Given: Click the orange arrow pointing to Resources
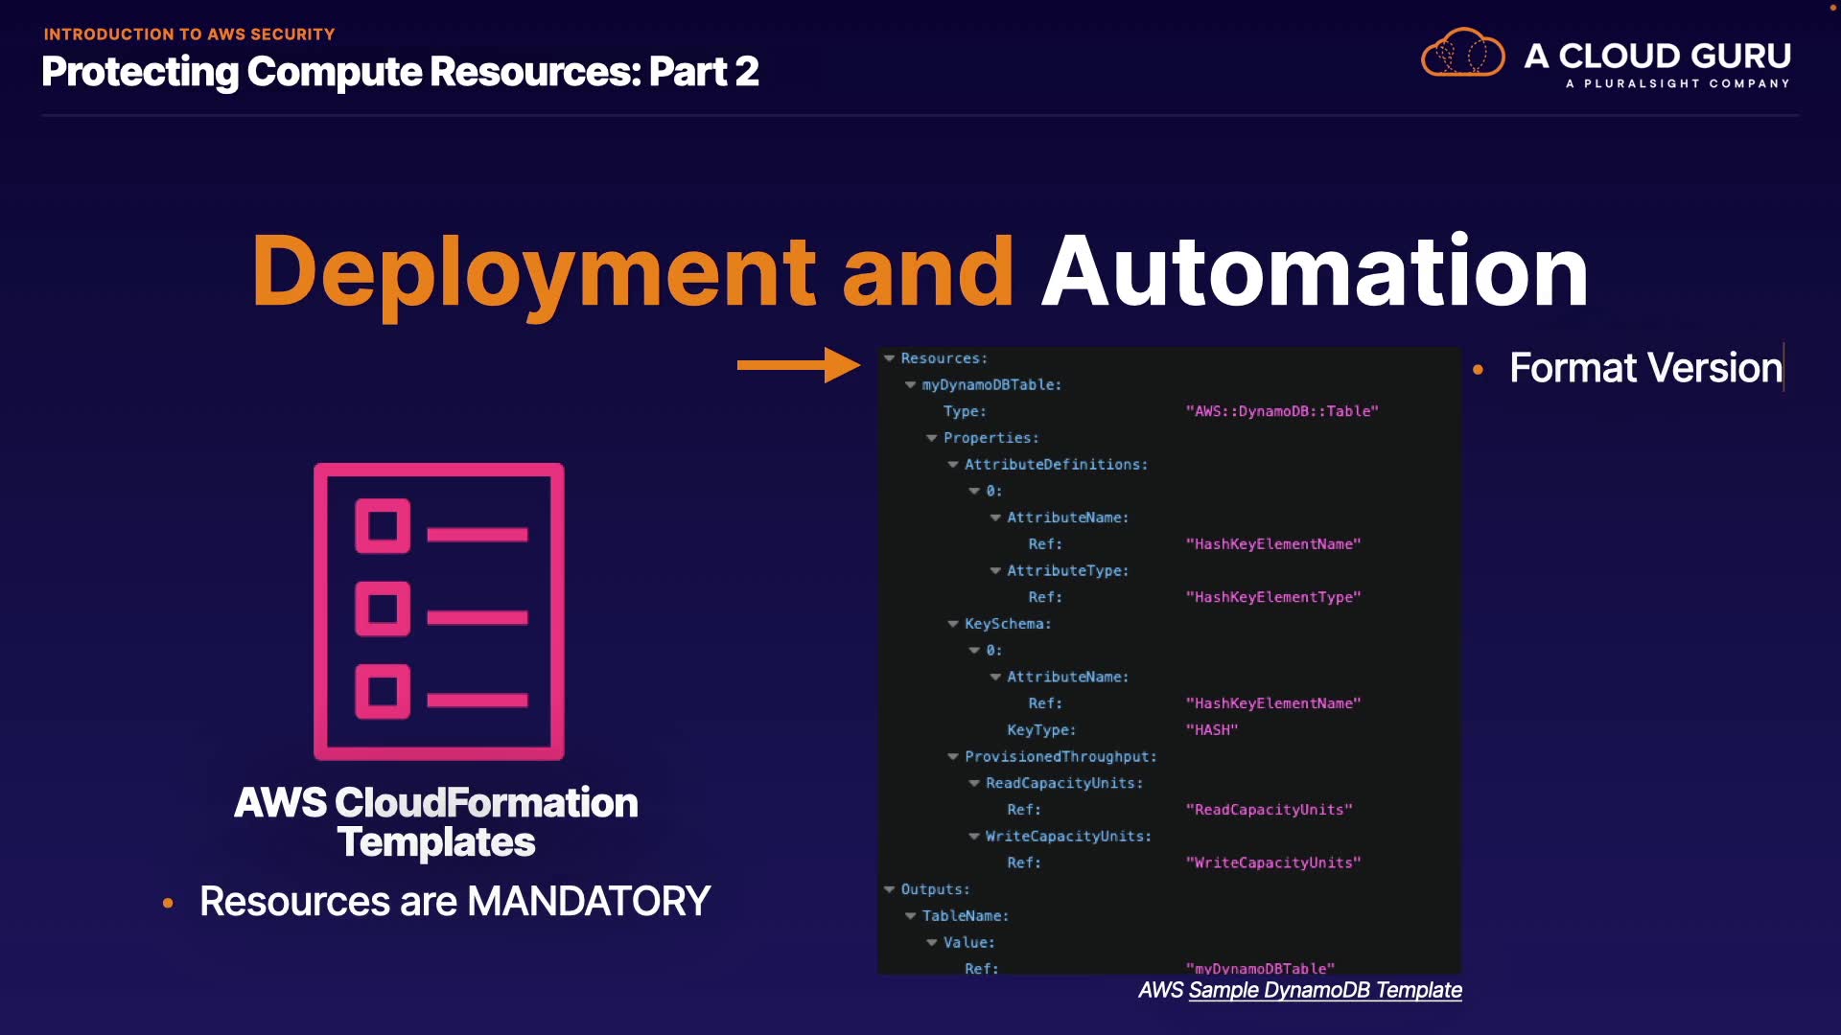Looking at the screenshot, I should point(798,365).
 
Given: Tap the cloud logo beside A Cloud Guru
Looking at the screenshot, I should point(1462,54).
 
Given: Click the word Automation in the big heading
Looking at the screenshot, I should point(1315,272).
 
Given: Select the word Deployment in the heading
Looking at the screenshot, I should point(533,272).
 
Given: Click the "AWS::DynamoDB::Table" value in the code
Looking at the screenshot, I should point(1282,411).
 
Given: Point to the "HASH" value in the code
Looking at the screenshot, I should point(1212,730).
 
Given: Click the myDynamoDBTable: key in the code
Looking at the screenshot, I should point(991,385).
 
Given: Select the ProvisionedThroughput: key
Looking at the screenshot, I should point(1060,757).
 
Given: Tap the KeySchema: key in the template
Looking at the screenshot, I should point(1008,624).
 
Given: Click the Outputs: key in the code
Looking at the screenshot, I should point(935,889).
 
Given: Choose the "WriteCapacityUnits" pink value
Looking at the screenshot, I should point(1273,862).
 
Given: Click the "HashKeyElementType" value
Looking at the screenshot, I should point(1273,597).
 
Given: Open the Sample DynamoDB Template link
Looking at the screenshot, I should point(1324,990).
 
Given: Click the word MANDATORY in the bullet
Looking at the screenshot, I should point(589,902).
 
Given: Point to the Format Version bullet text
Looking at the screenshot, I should point(1645,368).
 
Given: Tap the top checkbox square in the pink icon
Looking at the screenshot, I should point(383,525).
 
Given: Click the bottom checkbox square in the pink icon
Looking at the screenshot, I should point(383,691).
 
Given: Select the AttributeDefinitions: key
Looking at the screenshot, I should point(1056,465).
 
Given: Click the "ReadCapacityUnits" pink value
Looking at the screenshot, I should point(1269,810).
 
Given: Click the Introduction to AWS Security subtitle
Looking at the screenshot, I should point(189,34).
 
